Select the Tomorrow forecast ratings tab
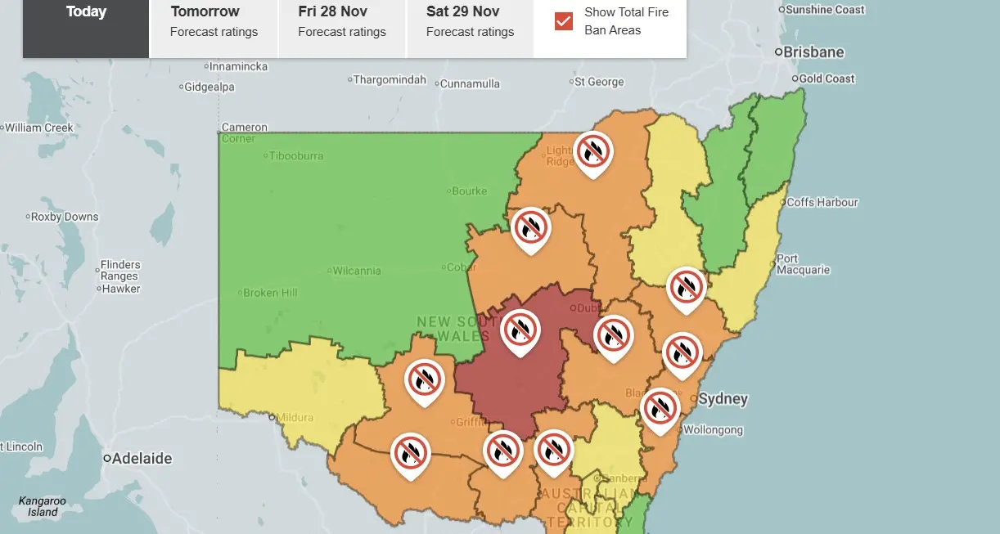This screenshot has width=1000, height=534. (214, 22)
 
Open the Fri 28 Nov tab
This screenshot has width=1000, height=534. (341, 22)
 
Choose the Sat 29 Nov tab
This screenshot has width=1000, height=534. (470, 22)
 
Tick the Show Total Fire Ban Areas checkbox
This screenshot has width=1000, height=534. (564, 21)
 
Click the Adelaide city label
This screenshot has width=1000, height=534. (142, 459)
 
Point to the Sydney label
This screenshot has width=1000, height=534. (723, 399)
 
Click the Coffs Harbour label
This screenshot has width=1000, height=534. (822, 202)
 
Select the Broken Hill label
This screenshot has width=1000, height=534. (271, 293)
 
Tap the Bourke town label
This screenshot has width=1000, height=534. (469, 191)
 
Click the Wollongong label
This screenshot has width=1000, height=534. (713, 430)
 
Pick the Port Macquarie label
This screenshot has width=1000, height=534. (803, 264)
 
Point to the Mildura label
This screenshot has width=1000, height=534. (295, 417)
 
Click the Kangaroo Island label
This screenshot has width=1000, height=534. (42, 506)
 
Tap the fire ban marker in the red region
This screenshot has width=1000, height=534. (520, 330)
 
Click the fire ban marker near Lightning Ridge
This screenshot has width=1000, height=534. (593, 151)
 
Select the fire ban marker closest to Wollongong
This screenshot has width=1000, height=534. (660, 407)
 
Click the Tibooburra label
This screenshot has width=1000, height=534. (297, 156)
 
